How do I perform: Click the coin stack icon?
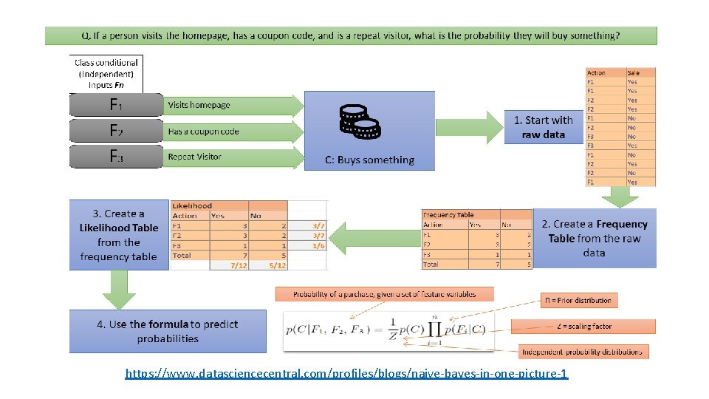pos(360,121)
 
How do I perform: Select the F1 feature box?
pos(116,105)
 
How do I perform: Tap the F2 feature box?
pos(116,131)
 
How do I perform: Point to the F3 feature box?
pos(116,156)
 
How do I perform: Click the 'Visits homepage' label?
pos(199,105)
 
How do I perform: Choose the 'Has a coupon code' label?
pos(203,132)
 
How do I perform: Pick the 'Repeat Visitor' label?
pos(194,157)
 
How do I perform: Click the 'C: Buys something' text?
pos(369,160)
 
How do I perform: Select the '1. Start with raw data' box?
pos(543,127)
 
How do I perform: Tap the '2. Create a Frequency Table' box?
pos(594,238)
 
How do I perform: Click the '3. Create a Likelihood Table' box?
pos(119,235)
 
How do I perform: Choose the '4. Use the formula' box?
pos(168,331)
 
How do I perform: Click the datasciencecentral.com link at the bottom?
pos(346,375)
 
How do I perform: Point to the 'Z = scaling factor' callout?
pos(583,326)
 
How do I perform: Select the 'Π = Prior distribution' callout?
pos(578,300)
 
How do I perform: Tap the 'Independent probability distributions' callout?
pos(583,352)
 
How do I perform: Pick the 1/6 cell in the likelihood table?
pos(318,245)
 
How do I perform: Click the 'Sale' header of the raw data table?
pos(633,73)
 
